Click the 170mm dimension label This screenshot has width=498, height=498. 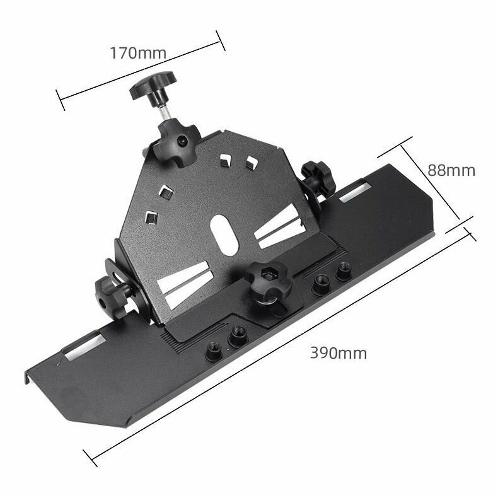point(138,53)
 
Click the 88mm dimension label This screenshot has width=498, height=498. point(451,170)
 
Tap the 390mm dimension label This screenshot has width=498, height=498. point(339,353)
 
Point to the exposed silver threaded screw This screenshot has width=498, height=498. point(166,112)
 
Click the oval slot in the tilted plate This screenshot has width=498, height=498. point(224,235)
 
